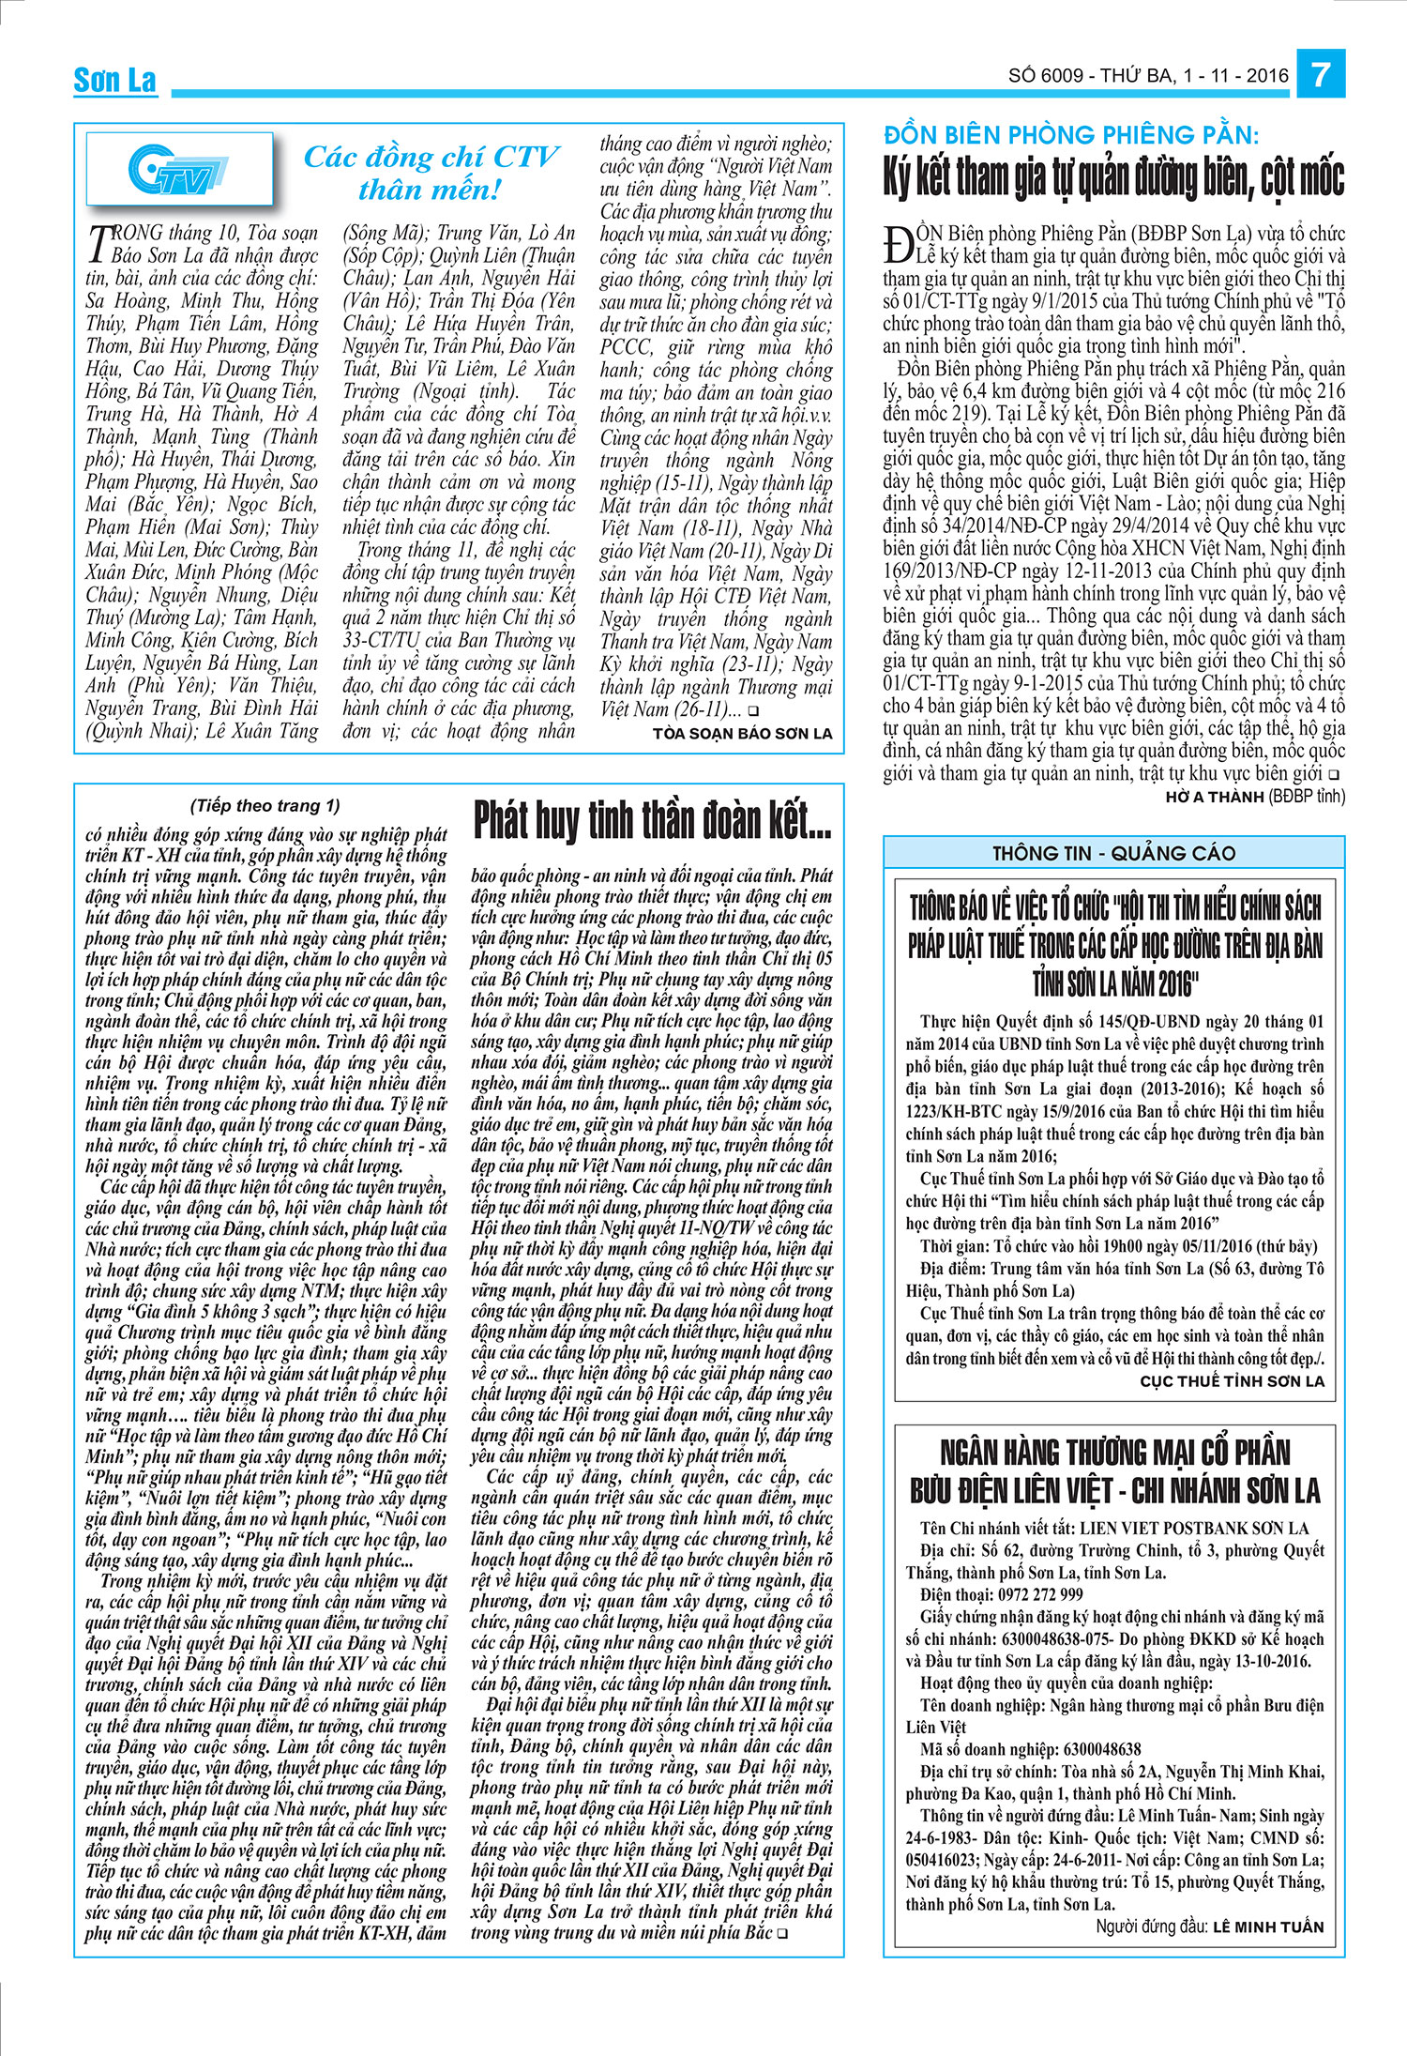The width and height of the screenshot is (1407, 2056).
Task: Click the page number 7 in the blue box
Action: click(1321, 73)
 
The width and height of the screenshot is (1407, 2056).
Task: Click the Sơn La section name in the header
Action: click(115, 81)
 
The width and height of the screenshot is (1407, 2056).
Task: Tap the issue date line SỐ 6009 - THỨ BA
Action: click(1147, 76)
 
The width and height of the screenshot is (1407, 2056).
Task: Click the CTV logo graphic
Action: click(179, 169)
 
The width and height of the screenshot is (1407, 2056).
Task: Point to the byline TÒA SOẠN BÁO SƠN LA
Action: click(742, 734)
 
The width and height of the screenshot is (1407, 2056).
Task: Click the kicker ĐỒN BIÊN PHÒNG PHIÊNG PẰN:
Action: click(1071, 135)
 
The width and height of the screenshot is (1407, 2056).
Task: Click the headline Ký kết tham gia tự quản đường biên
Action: click(1113, 177)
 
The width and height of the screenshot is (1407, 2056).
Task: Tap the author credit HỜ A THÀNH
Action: click(1214, 798)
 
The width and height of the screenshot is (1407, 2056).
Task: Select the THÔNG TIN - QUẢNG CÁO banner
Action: click(1113, 853)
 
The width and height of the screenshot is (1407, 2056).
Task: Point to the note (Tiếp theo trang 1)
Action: click(265, 805)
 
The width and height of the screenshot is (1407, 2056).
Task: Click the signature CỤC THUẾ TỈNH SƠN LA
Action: click(1232, 1381)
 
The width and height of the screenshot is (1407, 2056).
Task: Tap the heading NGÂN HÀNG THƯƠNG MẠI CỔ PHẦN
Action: click(1114, 1453)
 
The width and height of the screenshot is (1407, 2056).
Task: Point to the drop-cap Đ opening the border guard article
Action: click(897, 245)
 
